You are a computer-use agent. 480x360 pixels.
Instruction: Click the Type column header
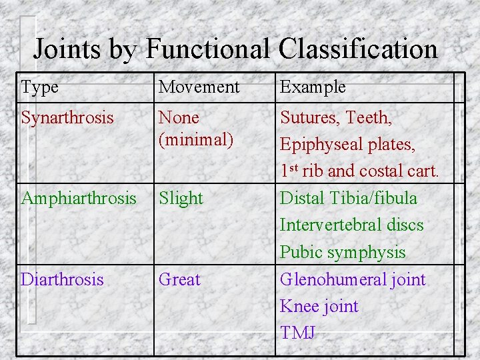(x=40, y=87)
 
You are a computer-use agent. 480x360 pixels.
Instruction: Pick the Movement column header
(x=199, y=87)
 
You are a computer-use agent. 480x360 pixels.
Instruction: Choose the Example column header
(x=313, y=87)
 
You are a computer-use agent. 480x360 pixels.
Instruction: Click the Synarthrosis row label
(x=67, y=118)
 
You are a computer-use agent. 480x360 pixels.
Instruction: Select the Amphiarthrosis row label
(x=79, y=199)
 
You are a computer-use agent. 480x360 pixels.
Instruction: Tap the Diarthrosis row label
(x=63, y=279)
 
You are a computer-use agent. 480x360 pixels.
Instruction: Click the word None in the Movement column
(x=179, y=118)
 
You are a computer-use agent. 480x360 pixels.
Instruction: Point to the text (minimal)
(x=196, y=139)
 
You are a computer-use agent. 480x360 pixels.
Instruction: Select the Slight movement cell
(x=181, y=199)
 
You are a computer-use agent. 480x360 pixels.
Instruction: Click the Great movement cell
(x=179, y=279)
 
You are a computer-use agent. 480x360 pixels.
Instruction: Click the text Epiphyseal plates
(x=347, y=145)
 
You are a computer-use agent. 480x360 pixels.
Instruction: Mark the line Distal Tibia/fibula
(x=348, y=199)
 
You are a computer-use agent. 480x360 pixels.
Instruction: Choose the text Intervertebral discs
(x=351, y=225)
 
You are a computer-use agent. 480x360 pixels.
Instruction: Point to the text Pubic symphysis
(x=342, y=253)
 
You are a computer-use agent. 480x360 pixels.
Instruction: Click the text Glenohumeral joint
(x=352, y=279)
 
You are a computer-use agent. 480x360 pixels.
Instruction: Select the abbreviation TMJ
(x=298, y=333)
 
